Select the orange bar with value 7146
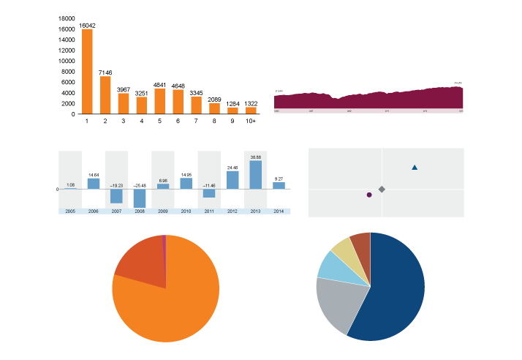(x=105, y=95)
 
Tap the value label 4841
(x=160, y=85)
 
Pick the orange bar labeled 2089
(x=214, y=108)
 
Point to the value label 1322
(x=251, y=103)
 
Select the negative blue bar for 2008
(x=140, y=198)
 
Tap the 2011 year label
(x=209, y=211)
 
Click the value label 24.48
(x=232, y=168)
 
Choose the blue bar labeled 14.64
(x=94, y=184)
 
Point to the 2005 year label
(x=70, y=211)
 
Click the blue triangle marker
(x=415, y=168)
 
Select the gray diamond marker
(x=382, y=190)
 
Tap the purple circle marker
(x=369, y=195)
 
